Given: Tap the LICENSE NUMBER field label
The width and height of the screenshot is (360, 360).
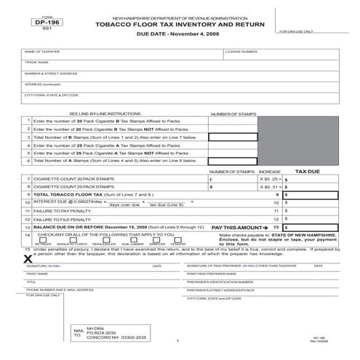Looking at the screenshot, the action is pyautogui.click(x=241, y=52).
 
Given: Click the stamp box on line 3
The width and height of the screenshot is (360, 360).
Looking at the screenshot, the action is pyautogui.click(x=233, y=137).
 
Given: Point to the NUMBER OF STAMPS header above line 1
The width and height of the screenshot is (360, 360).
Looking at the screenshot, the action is pyautogui.click(x=233, y=114).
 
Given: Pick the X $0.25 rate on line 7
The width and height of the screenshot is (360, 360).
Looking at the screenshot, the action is pyautogui.click(x=270, y=179).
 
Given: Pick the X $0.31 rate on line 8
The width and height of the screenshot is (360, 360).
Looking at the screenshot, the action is pyautogui.click(x=270, y=187).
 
